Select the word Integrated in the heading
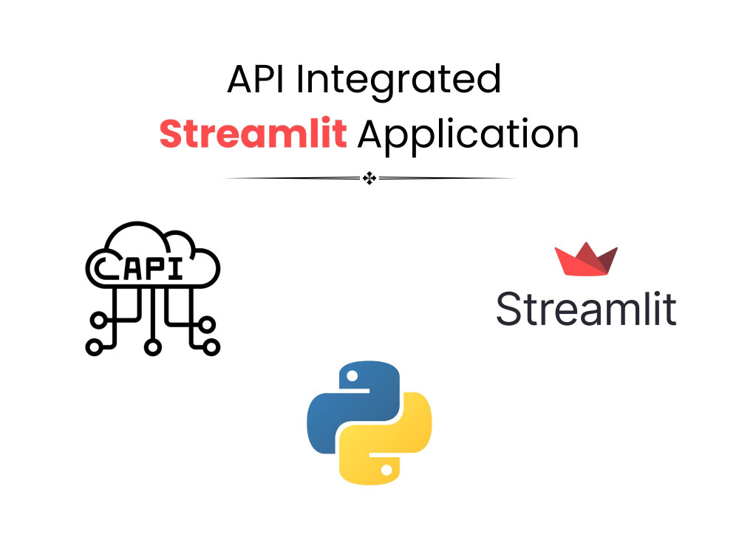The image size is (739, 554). tap(399, 80)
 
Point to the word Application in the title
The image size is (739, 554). tap(469, 135)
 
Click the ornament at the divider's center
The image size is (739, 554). tap(369, 178)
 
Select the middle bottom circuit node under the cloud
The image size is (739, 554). tap(153, 346)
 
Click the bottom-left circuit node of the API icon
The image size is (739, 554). tap(95, 346)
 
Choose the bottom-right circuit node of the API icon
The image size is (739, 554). tap(211, 346)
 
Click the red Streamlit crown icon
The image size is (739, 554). tap(586, 261)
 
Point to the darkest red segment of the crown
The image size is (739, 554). tap(606, 262)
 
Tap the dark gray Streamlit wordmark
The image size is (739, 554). tap(586, 308)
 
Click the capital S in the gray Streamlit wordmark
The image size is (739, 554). tap(510, 308)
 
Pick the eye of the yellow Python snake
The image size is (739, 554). tap(386, 468)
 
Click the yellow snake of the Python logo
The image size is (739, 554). tap(399, 443)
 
